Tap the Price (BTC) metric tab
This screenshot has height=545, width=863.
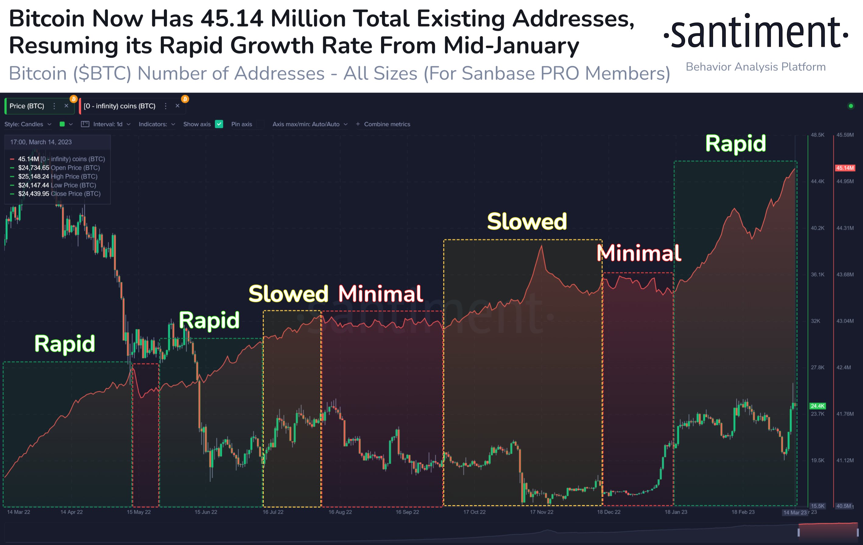coord(27,106)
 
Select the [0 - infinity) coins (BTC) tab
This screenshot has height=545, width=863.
coord(119,106)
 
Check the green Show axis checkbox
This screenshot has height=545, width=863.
coord(219,124)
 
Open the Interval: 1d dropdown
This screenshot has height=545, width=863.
coord(107,124)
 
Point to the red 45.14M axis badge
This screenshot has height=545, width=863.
coord(845,168)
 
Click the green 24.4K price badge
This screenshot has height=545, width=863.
coord(818,406)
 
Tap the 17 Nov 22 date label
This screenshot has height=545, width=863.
coord(542,512)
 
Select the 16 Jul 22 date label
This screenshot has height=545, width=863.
coord(273,512)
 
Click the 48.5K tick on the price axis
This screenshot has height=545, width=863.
coord(818,135)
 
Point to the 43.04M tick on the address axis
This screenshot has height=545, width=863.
coord(845,321)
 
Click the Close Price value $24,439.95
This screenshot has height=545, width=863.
coord(34,194)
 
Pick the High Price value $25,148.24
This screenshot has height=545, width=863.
coord(34,176)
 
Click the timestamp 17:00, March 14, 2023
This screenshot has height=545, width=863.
coord(41,142)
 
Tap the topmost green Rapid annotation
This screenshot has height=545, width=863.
coord(735,144)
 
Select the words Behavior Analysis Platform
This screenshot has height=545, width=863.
coord(755,67)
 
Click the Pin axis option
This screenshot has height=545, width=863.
coord(242,124)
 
